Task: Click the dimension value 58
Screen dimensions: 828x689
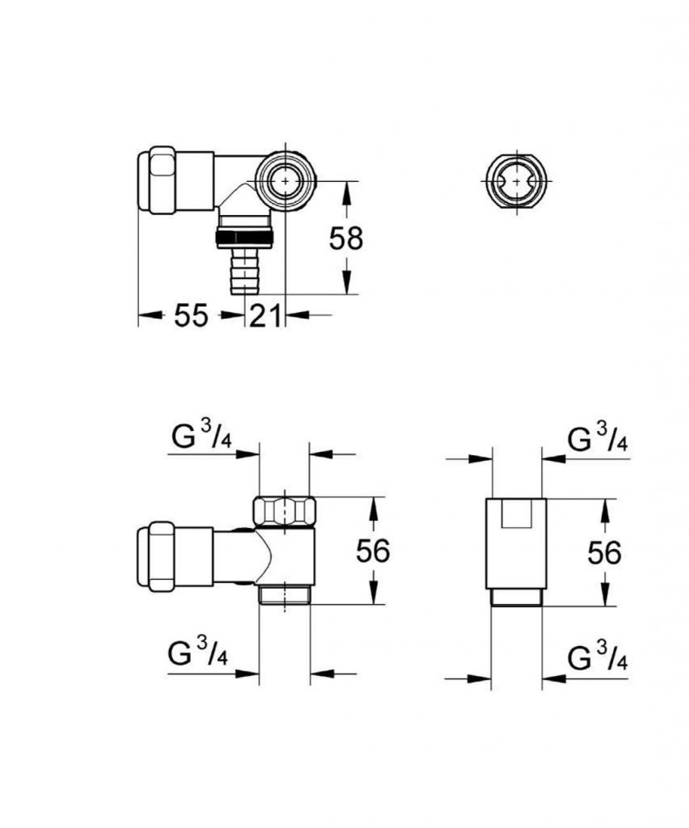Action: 346,238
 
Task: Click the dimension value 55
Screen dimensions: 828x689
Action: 191,316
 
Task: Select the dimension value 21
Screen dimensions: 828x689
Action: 265,316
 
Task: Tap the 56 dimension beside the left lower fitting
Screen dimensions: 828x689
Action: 373,551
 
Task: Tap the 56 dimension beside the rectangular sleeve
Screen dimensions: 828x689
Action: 604,553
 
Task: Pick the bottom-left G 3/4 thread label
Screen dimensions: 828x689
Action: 198,653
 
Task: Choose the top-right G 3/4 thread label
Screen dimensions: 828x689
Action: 598,440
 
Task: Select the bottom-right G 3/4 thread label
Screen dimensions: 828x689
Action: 598,659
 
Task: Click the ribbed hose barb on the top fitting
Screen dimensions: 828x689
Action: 243,271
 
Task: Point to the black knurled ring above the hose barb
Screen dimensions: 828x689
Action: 244,237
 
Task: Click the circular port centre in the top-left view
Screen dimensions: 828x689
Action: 284,181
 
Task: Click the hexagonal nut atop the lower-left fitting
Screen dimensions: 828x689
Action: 284,511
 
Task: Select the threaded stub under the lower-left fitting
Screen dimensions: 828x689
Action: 284,594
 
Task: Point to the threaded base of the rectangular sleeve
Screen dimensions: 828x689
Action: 518,598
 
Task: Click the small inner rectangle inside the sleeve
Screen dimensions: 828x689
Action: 518,513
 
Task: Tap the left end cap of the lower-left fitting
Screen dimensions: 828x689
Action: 163,554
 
